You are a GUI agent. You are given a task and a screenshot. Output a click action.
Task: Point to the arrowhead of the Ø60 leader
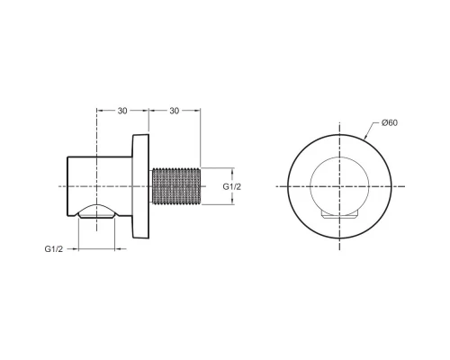(x=368, y=138)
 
